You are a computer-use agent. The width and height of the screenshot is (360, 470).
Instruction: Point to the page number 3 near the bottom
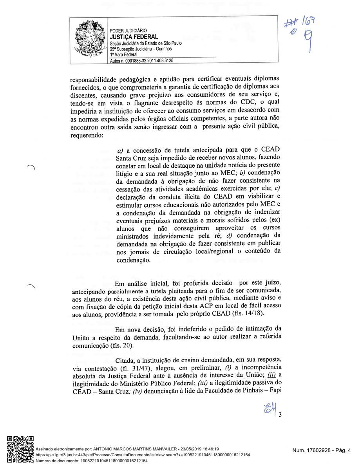click(280, 416)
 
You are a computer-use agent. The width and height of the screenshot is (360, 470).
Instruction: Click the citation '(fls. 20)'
click(120, 346)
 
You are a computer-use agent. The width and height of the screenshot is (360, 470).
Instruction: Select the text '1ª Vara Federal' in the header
click(124, 55)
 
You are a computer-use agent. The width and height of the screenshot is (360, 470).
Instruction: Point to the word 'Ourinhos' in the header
click(163, 49)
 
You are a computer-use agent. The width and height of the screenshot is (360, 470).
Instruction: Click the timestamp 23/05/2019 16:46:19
click(199, 449)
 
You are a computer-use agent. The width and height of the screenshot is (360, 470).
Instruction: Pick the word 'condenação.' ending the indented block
click(133, 260)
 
